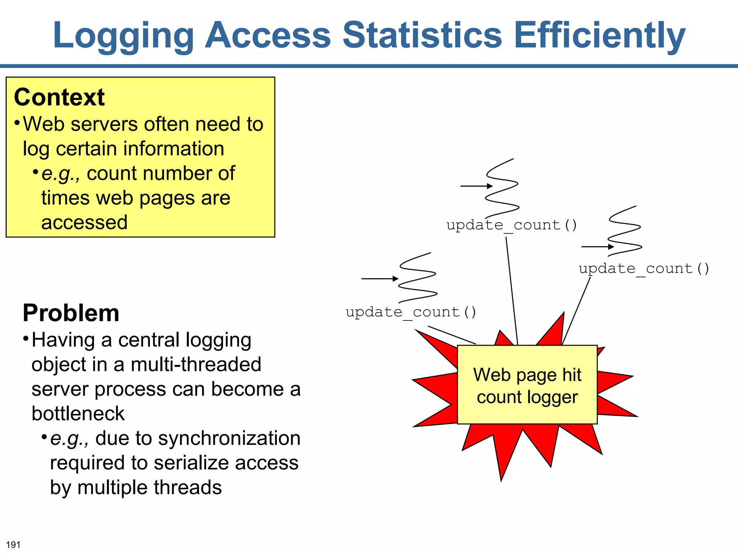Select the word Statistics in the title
pyautogui.click(x=422, y=35)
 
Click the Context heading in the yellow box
pyautogui.click(x=59, y=97)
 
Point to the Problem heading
pyautogui.click(x=71, y=313)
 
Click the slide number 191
pyautogui.click(x=13, y=545)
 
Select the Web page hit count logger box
pyautogui.click(x=527, y=385)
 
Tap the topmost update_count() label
pyautogui.click(x=512, y=225)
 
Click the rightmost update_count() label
pyautogui.click(x=644, y=269)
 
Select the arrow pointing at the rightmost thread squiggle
pyautogui.click(x=597, y=247)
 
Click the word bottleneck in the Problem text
pyautogui.click(x=78, y=413)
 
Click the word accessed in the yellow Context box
pyautogui.click(x=84, y=222)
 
